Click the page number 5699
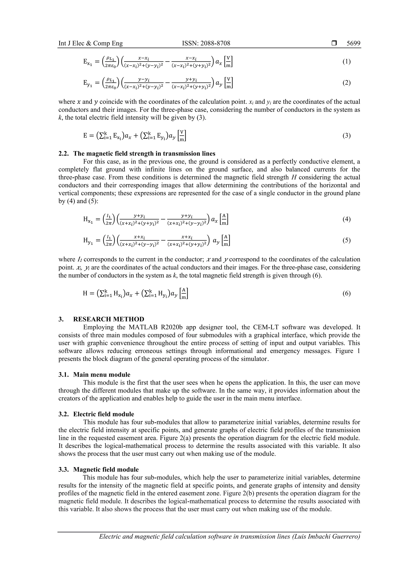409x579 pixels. (x=353, y=43)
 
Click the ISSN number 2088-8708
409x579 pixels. (x=206, y=43)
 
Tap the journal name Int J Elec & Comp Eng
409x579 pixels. (x=90, y=43)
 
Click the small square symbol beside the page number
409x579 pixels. (x=334, y=43)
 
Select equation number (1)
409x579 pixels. (x=346, y=62)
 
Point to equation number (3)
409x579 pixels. (x=346, y=136)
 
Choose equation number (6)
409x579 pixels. (x=346, y=293)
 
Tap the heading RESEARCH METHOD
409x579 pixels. (x=109, y=319)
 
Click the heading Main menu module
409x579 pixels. (x=102, y=375)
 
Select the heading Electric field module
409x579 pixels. (x=104, y=414)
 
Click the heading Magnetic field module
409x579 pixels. (x=106, y=469)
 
